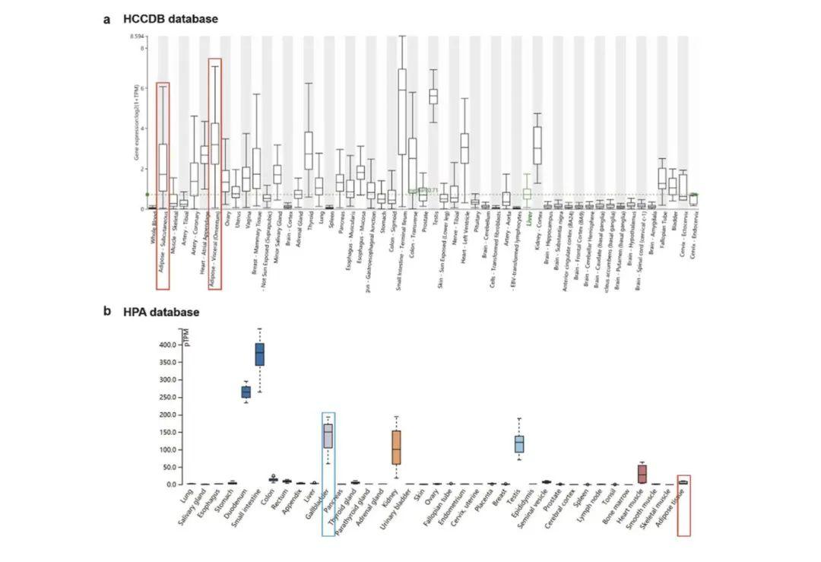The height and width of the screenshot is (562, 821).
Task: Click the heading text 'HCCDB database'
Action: [x=170, y=18]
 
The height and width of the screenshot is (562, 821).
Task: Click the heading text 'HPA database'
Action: [x=161, y=312]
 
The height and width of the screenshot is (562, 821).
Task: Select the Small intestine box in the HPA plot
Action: [x=259, y=354]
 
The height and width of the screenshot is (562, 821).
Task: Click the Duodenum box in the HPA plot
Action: [x=246, y=392]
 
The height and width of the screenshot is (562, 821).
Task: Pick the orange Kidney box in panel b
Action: [x=396, y=447]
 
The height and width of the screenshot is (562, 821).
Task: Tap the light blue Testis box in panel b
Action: [x=519, y=443]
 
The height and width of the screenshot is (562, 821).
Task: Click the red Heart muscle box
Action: [x=642, y=473]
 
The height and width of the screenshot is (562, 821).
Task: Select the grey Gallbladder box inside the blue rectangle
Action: [x=328, y=437]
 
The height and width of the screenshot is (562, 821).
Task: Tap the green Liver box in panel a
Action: [x=527, y=194]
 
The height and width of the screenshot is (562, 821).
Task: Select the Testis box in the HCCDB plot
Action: [x=433, y=96]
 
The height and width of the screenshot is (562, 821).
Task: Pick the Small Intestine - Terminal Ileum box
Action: [x=401, y=111]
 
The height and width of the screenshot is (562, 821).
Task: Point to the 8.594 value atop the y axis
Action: [x=137, y=37]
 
